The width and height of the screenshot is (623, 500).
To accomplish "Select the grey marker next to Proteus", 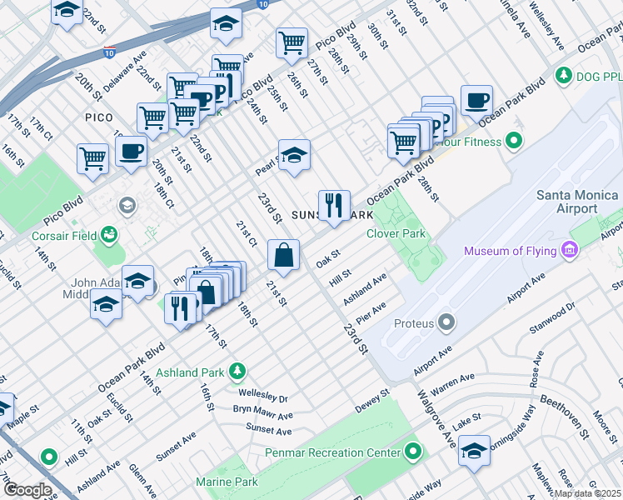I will pyautogui.click(x=447, y=322).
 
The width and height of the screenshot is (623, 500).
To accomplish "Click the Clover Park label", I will pyautogui.click(x=396, y=233).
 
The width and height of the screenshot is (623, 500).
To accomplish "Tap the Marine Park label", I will pyautogui.click(x=227, y=482).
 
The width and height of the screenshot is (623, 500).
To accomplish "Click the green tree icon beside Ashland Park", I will pyautogui.click(x=238, y=369).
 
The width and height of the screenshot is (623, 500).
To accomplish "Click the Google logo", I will pyautogui.click(x=27, y=490).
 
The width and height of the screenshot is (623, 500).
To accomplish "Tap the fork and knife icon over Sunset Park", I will pyautogui.click(x=334, y=205).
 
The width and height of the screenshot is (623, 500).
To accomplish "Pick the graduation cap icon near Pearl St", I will pyautogui.click(x=294, y=155).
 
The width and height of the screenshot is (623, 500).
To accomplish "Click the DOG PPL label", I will pyautogui.click(x=600, y=76).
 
